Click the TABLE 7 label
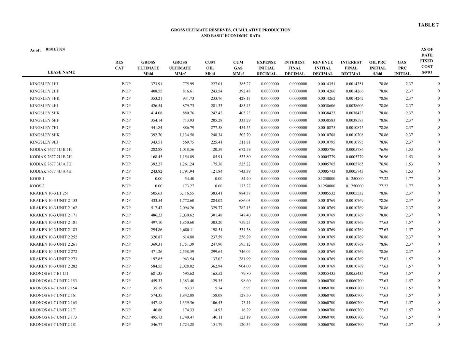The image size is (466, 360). [428, 25]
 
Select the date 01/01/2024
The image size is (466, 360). [55, 49]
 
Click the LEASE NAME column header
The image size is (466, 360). [61, 72]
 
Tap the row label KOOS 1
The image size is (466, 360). [37, 179]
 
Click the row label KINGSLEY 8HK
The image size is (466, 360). [45, 135]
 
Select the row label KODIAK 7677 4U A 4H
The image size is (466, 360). [51, 172]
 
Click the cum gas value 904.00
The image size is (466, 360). [244, 267]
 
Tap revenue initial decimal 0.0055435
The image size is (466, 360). [326, 274]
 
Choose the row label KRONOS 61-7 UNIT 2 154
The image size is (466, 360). [53, 288]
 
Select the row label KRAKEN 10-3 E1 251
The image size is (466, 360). [49, 193]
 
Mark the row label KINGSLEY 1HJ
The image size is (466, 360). [44, 84]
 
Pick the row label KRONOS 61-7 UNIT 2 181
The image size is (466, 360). [53, 325]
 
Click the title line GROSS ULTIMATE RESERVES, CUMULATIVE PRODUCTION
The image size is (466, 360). [230, 30]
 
